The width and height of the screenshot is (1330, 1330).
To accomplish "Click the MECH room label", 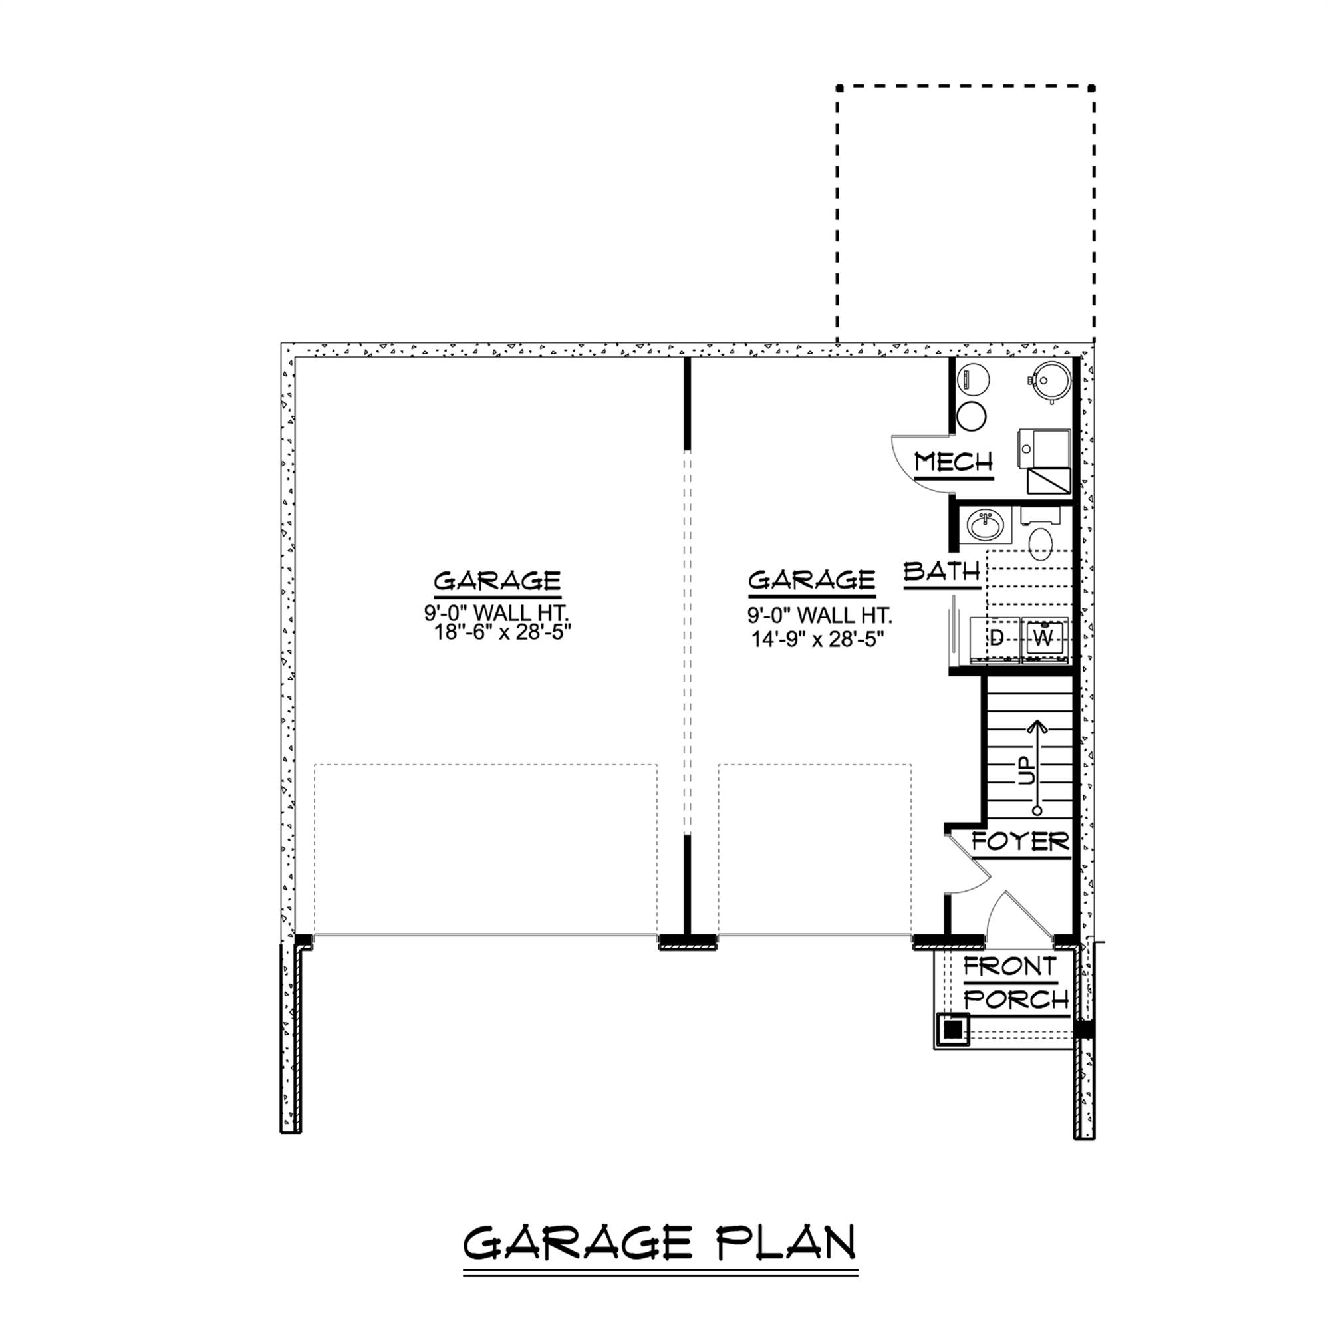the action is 954,462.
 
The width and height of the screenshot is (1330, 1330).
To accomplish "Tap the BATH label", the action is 942,571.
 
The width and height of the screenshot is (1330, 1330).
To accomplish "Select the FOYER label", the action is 1020,841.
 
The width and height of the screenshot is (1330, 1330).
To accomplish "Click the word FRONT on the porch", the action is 1009,967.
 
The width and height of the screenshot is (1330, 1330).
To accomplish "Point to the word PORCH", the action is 1016,999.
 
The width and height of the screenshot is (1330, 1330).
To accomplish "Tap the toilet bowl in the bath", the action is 1041,542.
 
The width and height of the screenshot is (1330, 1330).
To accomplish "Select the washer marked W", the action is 1044,640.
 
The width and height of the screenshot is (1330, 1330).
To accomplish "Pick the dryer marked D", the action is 996,640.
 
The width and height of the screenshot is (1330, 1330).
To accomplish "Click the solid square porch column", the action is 953,1030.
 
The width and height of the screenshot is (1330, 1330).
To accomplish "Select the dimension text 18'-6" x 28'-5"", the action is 503,632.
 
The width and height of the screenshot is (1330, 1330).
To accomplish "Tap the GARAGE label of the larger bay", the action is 497,581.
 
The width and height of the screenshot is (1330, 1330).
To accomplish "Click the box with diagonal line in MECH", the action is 1049,481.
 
